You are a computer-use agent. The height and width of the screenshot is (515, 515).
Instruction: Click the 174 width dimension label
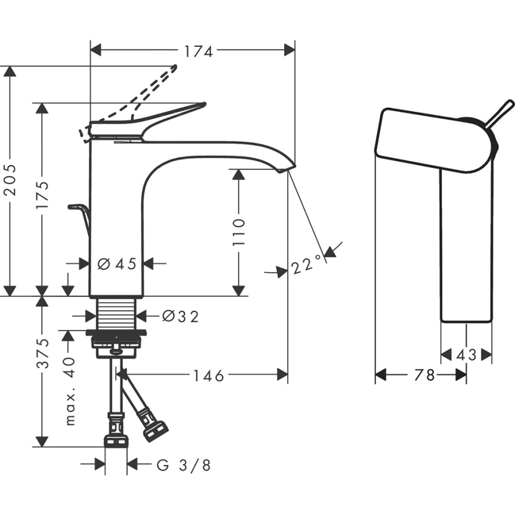(197, 52)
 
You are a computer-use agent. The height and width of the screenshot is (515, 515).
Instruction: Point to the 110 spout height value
(238, 232)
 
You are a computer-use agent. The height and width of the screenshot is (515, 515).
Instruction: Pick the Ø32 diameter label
(180, 317)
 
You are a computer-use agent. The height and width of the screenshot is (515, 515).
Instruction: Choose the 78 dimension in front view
(424, 375)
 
